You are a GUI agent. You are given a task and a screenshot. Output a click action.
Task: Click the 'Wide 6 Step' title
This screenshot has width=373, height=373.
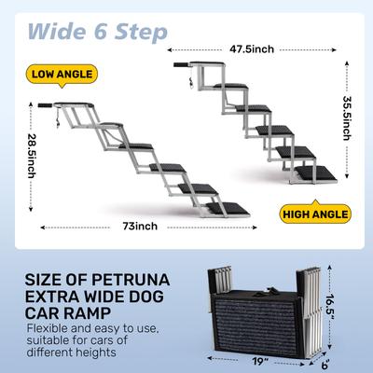pos(97,31)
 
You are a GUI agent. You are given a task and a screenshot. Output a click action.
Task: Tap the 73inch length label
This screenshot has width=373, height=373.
pos(140,226)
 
